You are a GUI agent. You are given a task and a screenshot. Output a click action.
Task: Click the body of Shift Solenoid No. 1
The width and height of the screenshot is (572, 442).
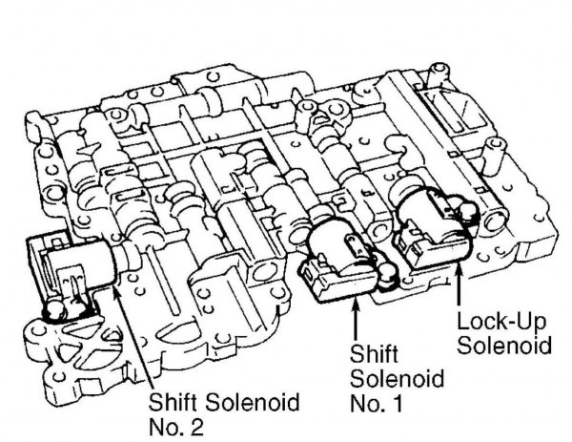point(338,252)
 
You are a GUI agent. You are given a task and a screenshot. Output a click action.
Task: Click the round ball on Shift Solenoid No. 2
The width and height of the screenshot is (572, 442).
point(55,307)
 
